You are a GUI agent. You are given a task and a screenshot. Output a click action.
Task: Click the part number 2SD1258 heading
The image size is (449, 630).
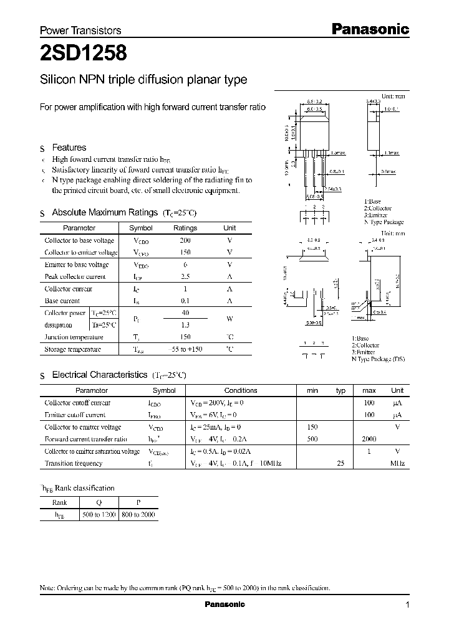pos(84,54)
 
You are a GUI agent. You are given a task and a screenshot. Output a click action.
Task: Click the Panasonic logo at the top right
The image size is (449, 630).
pos(369,29)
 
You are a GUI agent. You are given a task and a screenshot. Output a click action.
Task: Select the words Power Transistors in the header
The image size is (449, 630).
pos(80,30)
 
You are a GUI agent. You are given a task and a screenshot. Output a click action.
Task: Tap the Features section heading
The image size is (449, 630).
pos(69,148)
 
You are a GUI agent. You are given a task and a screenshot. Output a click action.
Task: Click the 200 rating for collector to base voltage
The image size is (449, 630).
pos(185,240)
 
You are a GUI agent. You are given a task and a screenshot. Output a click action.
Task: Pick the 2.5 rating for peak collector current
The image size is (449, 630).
pos(185,276)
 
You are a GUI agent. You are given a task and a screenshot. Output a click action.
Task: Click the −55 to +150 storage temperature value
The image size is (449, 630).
pos(185,349)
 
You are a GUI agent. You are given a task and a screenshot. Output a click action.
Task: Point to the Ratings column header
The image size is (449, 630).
pos(185,228)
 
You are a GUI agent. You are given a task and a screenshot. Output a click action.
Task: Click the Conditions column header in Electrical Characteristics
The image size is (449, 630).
pos(240,390)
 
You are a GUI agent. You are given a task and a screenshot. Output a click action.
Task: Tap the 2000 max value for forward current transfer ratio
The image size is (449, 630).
pos(369,439)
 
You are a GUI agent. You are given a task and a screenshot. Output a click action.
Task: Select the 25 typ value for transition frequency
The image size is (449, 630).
pos(340,463)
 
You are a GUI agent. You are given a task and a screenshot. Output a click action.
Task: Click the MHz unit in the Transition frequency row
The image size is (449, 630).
pos(397,463)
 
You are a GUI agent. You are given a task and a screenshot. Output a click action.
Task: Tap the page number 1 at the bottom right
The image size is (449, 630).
pos(407,604)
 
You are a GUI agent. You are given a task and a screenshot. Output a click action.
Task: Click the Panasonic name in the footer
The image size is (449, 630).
pos(225,604)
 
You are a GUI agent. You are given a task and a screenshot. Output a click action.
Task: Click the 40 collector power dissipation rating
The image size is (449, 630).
pos(185,313)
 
